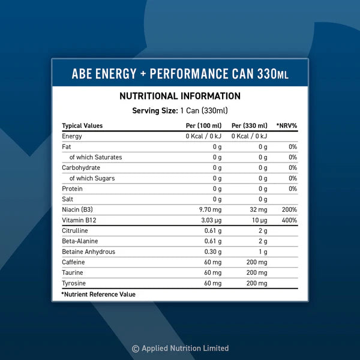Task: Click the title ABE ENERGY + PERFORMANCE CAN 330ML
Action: tap(180, 74)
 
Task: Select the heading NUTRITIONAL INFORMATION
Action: tap(180, 96)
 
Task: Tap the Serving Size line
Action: tap(180, 110)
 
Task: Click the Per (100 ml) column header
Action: tap(203, 125)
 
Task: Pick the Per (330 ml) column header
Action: tap(249, 125)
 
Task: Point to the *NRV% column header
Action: tap(286, 125)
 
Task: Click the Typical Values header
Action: tap(82, 125)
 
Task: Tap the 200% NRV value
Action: tap(290, 209)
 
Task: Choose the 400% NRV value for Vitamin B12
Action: tap(290, 220)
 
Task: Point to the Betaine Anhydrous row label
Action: tap(88, 251)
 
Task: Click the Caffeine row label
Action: tap(73, 262)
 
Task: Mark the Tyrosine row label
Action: tap(73, 283)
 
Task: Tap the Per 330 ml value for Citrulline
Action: tap(262, 230)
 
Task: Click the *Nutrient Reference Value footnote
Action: tap(98, 294)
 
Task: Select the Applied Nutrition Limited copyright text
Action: tap(180, 348)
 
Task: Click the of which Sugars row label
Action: tap(92, 178)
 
